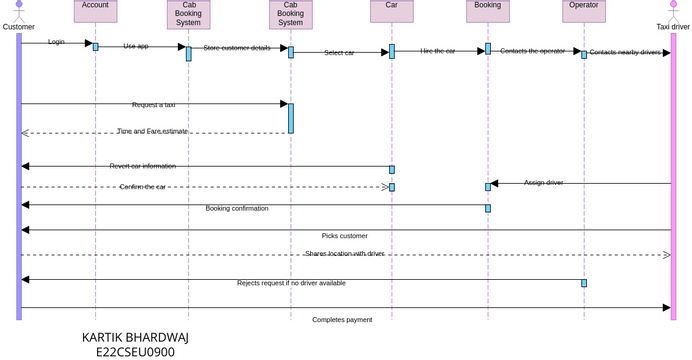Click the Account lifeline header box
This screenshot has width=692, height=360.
(x=95, y=11)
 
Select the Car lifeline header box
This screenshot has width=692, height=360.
(x=391, y=11)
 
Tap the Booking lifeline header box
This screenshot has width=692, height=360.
(x=488, y=11)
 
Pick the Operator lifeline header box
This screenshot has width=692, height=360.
(x=583, y=11)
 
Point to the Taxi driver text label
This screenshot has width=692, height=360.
(x=672, y=27)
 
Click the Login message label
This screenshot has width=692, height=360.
(x=56, y=42)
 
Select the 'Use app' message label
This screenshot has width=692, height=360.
(x=136, y=46)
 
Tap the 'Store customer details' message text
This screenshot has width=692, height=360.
(x=237, y=48)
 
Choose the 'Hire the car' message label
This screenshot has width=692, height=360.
(x=437, y=51)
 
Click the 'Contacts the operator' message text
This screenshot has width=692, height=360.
(x=532, y=51)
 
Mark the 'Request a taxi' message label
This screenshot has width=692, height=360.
(x=154, y=104)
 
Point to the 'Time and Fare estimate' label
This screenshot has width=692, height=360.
(x=152, y=131)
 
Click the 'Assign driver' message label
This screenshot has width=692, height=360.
(x=543, y=183)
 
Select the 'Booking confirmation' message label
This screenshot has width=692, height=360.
(x=237, y=208)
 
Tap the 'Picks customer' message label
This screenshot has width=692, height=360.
(x=344, y=235)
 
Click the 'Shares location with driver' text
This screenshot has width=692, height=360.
(x=344, y=254)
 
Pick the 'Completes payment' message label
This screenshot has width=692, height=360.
(x=342, y=319)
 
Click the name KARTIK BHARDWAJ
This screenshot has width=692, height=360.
(x=135, y=338)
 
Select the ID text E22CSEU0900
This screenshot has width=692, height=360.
(x=135, y=352)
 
